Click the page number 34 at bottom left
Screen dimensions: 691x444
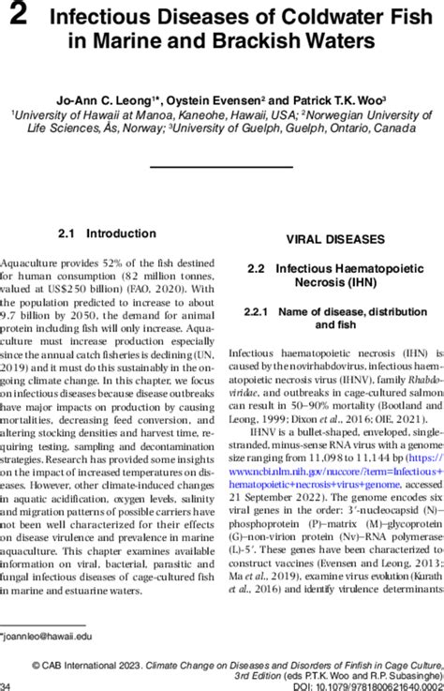pos(8,685)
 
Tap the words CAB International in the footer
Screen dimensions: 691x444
pos(106,661)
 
